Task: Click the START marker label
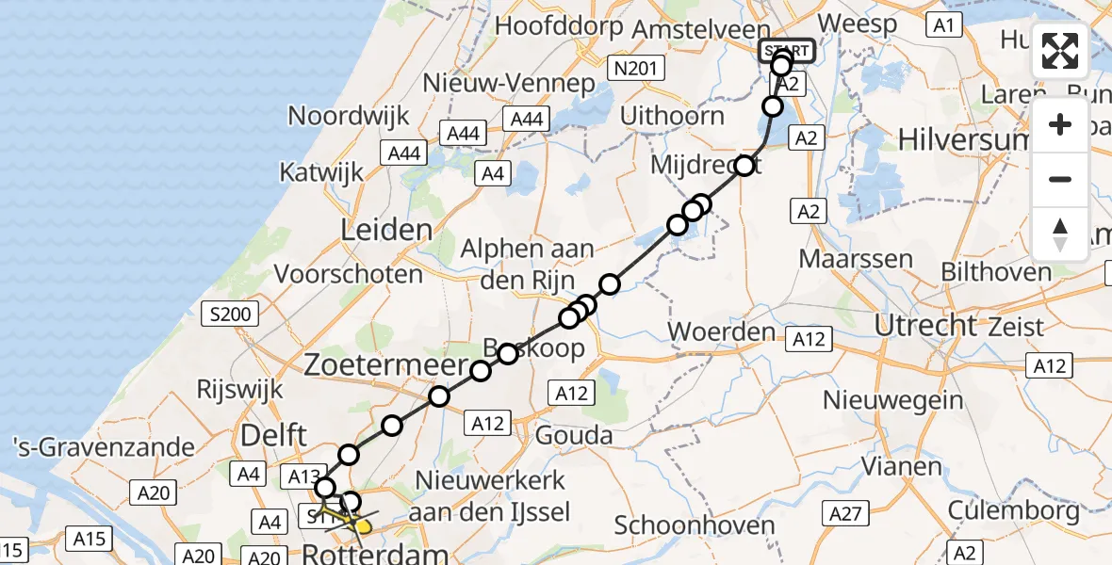pos(786,50)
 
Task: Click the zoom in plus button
pos(1060,125)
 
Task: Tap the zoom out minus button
pos(1060,179)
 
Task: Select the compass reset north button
pos(1060,234)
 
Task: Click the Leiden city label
pos(388,230)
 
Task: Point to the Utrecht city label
pos(926,325)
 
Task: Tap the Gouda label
pos(573,435)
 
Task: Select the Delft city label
pos(274,435)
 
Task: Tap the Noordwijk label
pos(349,116)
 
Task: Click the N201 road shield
pos(637,68)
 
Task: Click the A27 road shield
pos(845,513)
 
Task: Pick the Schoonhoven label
pos(695,525)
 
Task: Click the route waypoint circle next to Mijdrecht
pos(745,166)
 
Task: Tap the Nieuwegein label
pos(884,400)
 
